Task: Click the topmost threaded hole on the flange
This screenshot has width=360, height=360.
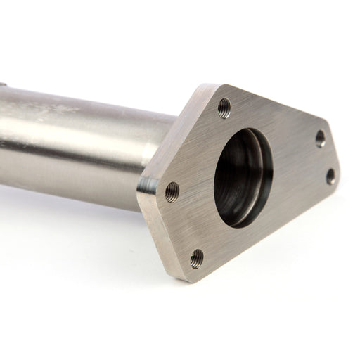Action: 224,108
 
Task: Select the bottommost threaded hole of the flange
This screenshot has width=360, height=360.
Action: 197,258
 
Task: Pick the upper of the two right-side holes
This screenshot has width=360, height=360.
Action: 321,138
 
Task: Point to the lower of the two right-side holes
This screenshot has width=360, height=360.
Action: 330,176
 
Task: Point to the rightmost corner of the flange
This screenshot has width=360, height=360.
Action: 340,172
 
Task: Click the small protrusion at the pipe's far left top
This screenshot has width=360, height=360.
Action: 3,84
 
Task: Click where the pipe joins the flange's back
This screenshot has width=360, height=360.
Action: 169,141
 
